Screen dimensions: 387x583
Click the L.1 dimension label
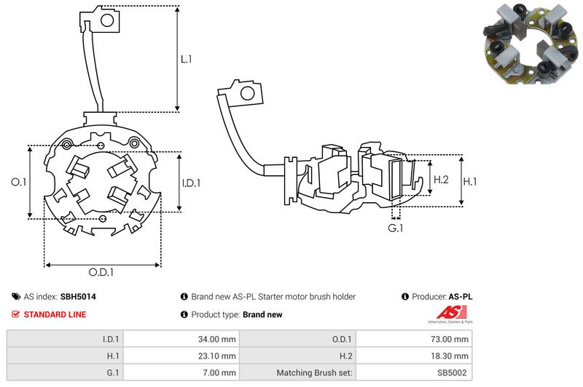pos(187,60)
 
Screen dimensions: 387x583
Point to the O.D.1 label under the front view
pos(103,273)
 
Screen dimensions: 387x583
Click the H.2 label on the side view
pos(441,180)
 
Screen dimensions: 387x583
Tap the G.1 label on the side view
pos(395,229)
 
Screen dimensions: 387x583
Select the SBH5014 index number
pos(78,297)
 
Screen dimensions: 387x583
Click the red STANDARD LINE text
pos(55,314)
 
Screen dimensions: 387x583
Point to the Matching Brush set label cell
pos(315,372)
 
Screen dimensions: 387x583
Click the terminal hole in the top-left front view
pos(106,21)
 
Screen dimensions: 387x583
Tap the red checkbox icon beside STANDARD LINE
pos(15,314)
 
